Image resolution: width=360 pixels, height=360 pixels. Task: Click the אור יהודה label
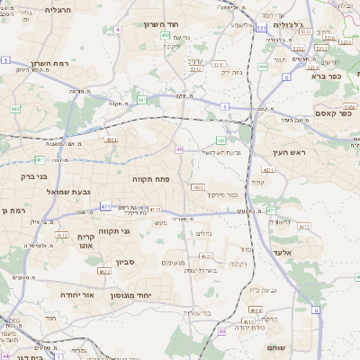click(77, 294)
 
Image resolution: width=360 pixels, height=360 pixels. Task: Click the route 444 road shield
click(263, 67)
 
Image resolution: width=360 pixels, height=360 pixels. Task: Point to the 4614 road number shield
click(256, 308)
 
